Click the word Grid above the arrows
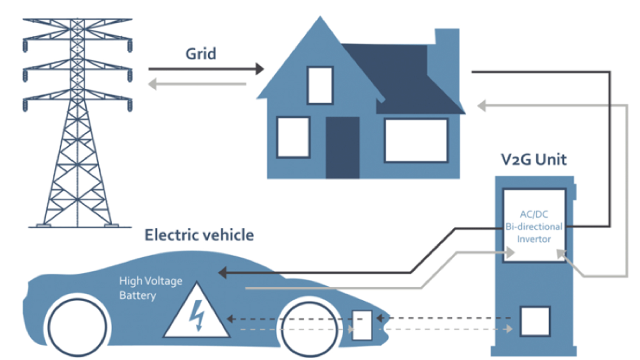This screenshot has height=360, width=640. pyautogui.click(x=201, y=54)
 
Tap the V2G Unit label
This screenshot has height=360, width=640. pyautogui.click(x=534, y=160)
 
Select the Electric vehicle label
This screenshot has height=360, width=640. pyautogui.click(x=199, y=235)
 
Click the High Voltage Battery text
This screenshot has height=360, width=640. pyautogui.click(x=151, y=288)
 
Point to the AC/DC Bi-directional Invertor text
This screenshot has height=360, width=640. pyautogui.click(x=534, y=227)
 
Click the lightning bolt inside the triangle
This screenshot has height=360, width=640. pyautogui.click(x=197, y=315)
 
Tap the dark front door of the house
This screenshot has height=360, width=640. pyautogui.click(x=342, y=148)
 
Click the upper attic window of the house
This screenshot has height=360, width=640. pyautogui.click(x=320, y=85)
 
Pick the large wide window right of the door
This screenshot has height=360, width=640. pyautogui.click(x=416, y=140)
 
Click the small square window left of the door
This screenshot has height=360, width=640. pyautogui.click(x=293, y=137)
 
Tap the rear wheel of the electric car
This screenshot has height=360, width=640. pyautogui.click(x=77, y=326)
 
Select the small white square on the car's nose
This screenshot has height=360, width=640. pyautogui.click(x=362, y=325)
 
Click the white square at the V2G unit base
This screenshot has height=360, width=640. pyautogui.click(x=535, y=321)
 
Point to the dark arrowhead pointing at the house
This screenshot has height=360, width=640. pyautogui.click(x=260, y=69)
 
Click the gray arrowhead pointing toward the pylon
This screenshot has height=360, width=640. pyautogui.click(x=152, y=84)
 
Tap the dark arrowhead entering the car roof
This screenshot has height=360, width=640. pyautogui.click(x=223, y=272)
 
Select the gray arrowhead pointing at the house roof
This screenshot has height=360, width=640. pyautogui.click(x=481, y=106)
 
